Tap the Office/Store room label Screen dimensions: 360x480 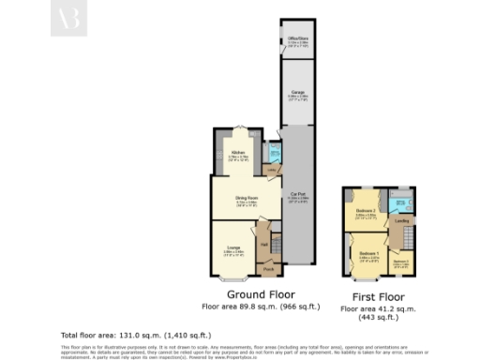click(x=298, y=38)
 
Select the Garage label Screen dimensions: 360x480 click(x=298, y=93)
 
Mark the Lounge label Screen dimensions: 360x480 click(x=233, y=249)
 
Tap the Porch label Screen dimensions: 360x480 click(x=267, y=269)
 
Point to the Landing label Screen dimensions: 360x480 click(x=401, y=221)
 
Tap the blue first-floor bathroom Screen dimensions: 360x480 click(x=402, y=201)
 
